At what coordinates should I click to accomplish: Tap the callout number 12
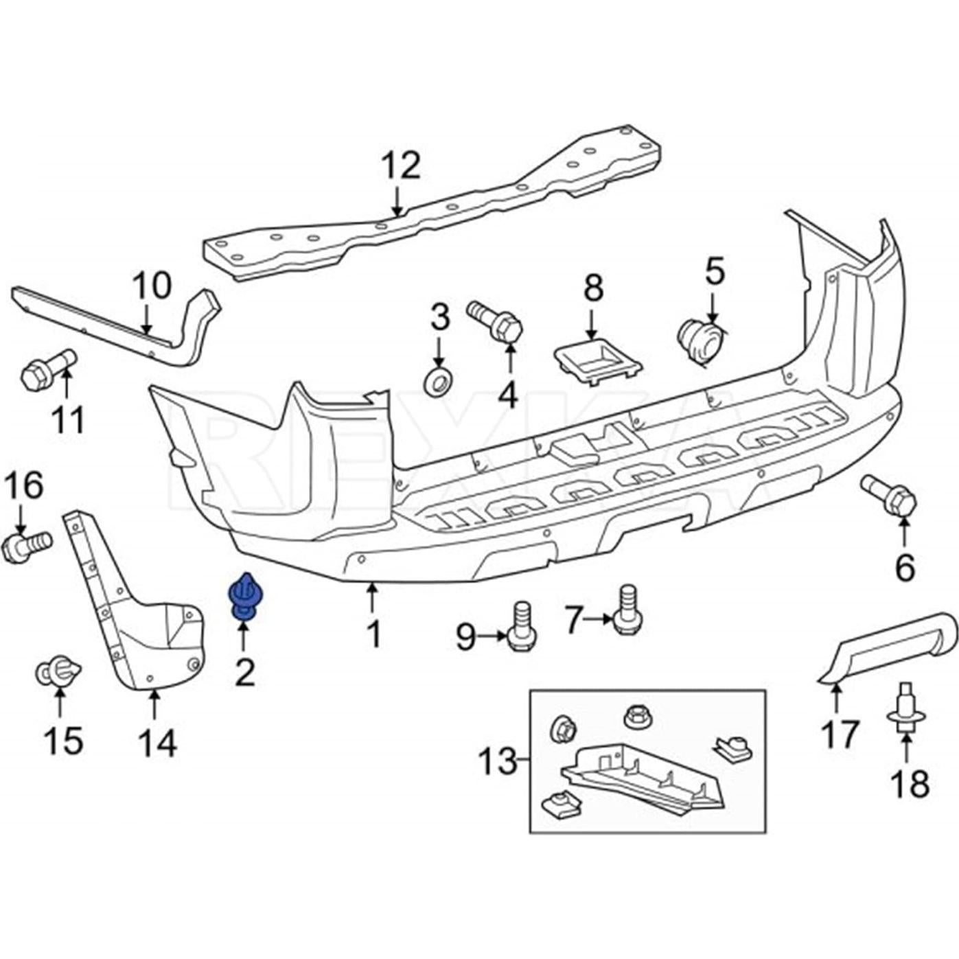point(400,167)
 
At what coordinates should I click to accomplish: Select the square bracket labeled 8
point(598,360)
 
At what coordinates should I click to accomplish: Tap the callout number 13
point(498,760)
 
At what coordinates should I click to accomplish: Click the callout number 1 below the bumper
point(373,634)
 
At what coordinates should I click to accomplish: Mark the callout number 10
point(152,286)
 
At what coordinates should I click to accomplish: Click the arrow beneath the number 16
point(20,520)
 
